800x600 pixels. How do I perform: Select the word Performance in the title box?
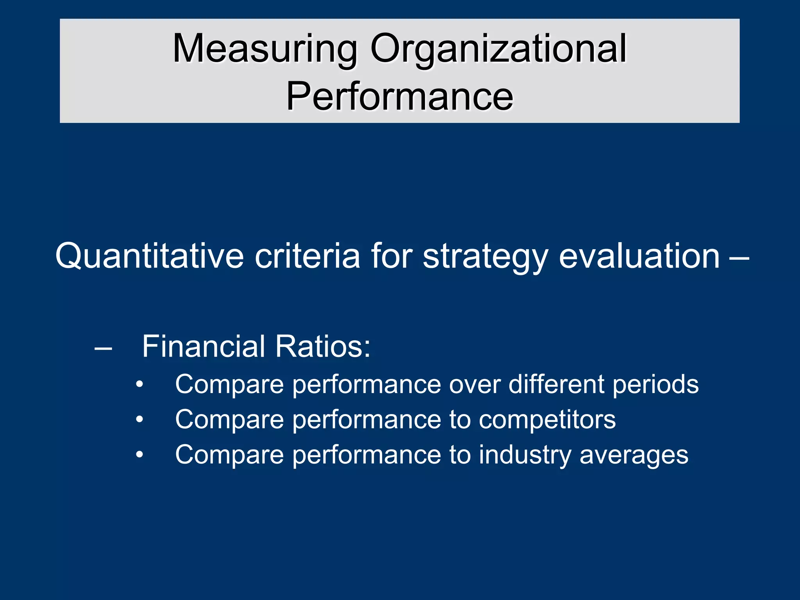(x=400, y=96)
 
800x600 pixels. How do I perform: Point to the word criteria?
(x=307, y=256)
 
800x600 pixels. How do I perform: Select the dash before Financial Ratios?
(x=104, y=347)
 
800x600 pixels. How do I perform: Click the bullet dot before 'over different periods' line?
(x=139, y=385)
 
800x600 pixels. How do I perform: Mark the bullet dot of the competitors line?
(x=139, y=420)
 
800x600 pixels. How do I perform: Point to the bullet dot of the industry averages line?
(x=139, y=455)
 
